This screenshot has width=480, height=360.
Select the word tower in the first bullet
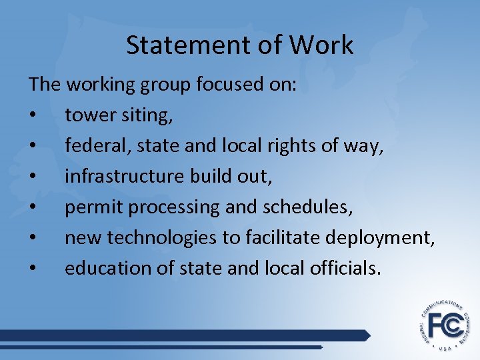coord(89,115)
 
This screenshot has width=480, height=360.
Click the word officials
coord(345,268)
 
